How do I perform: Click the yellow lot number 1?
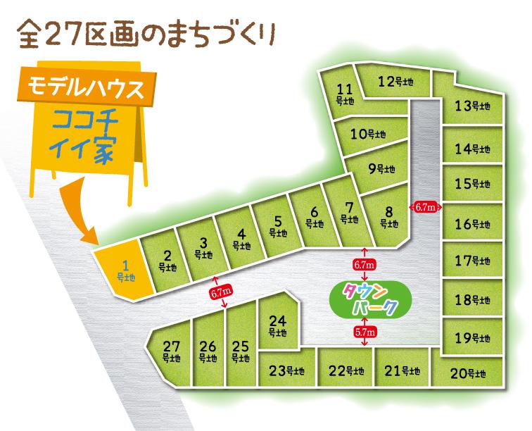[x=124, y=270]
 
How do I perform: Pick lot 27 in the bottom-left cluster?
[x=171, y=351]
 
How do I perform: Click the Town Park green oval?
[x=365, y=299]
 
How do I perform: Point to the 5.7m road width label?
[x=364, y=331]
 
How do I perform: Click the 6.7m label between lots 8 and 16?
[x=425, y=207]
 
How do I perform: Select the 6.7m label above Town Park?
[x=364, y=264]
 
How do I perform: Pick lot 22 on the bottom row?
[x=346, y=370]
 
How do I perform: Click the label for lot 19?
[x=471, y=337]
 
